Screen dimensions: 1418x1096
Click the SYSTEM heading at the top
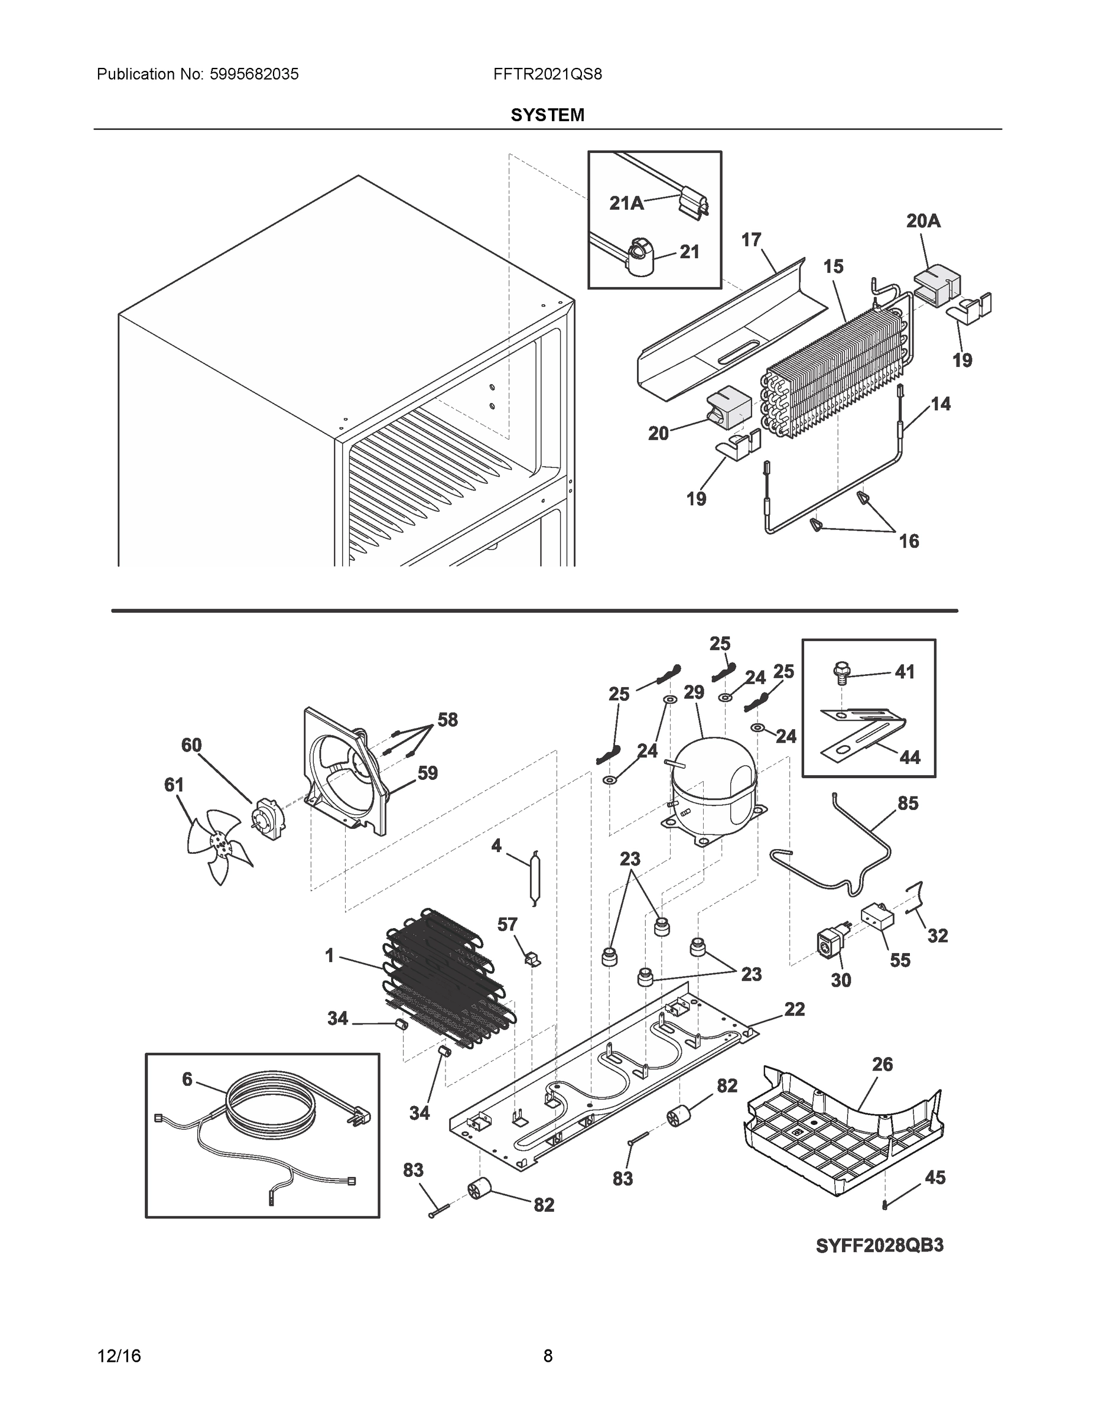coord(547,115)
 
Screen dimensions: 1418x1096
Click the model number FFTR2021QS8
coord(547,74)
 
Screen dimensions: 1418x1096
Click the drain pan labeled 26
coord(844,1133)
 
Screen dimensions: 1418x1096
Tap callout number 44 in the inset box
coord(910,757)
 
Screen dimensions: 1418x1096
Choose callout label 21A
coord(626,203)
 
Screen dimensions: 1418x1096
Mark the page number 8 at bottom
coord(547,1356)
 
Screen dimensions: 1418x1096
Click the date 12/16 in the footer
coord(119,1356)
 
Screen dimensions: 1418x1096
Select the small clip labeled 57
coord(532,958)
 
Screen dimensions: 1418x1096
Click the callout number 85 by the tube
coord(907,803)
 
